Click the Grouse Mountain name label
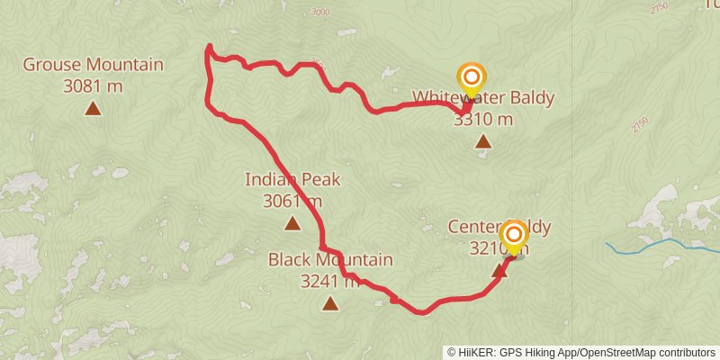pos(93,65)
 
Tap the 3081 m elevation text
pos(93,86)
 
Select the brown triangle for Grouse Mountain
pos(93,109)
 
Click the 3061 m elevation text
pos(292,201)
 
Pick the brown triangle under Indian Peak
pos(292,222)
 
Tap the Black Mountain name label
pos(330,260)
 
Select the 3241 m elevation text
pos(330,281)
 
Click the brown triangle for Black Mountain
pos(330,304)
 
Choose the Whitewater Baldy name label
pos(483,98)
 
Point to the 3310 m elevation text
pos(483,119)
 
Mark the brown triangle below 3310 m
pos(483,141)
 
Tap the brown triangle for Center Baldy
pos(500,269)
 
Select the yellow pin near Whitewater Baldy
pos(470,79)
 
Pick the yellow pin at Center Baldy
pos(513,238)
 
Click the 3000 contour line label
pos(319,12)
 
